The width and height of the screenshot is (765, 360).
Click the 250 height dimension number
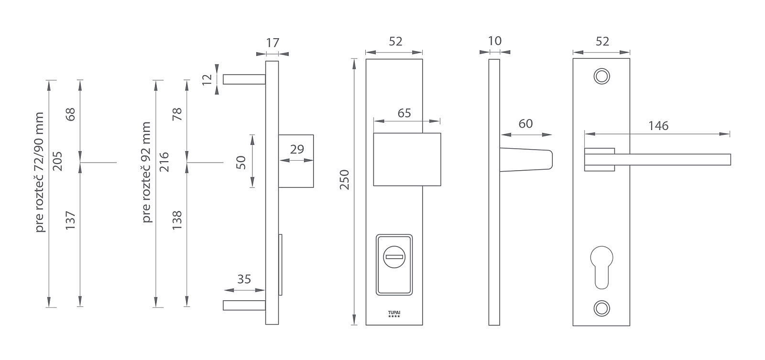[344, 179]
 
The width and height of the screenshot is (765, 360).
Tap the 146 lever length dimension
[658, 126]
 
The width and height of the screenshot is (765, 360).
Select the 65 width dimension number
[404, 113]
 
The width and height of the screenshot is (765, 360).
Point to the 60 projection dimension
[525, 124]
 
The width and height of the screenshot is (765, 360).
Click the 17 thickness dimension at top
[273, 43]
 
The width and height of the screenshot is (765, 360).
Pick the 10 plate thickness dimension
[495, 41]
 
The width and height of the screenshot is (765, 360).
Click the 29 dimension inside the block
[297, 149]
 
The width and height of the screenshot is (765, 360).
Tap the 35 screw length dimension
[244, 279]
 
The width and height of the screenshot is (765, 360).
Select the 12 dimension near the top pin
[207, 79]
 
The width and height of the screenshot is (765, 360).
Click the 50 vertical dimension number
[241, 162]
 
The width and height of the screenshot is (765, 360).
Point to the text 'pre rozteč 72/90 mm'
[40, 172]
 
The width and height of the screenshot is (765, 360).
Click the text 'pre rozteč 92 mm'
[146, 172]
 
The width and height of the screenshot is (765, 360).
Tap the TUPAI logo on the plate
[394, 314]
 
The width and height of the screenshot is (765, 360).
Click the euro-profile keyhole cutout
[601, 267]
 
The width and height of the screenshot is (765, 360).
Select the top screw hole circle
[602, 76]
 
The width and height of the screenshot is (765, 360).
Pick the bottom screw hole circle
[602, 308]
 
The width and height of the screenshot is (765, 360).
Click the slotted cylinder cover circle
[394, 257]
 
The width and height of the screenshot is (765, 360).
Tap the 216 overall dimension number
[164, 162]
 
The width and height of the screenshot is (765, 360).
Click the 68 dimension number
[70, 114]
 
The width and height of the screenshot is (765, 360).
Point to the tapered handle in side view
[526, 160]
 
